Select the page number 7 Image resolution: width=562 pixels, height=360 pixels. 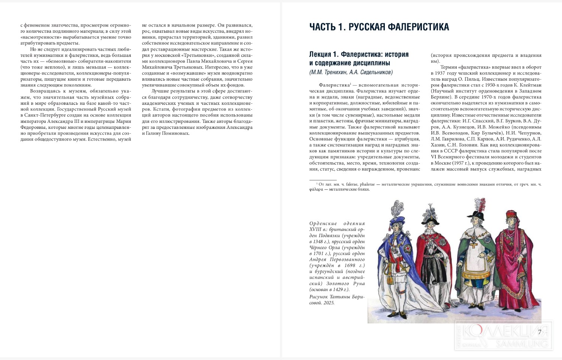pos(540,332)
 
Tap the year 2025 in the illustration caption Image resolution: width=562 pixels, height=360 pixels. pos(329,303)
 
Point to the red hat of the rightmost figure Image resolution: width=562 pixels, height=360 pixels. pos(512,215)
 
